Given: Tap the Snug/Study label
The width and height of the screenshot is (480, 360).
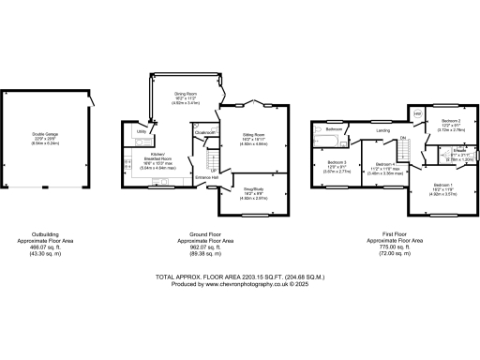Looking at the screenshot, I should tap(254, 189).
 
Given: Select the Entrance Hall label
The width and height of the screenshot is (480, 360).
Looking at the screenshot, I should tap(207, 177).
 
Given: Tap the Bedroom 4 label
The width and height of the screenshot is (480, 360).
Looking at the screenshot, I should tap(377, 164).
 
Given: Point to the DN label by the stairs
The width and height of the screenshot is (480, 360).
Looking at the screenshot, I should tap(403, 138).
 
